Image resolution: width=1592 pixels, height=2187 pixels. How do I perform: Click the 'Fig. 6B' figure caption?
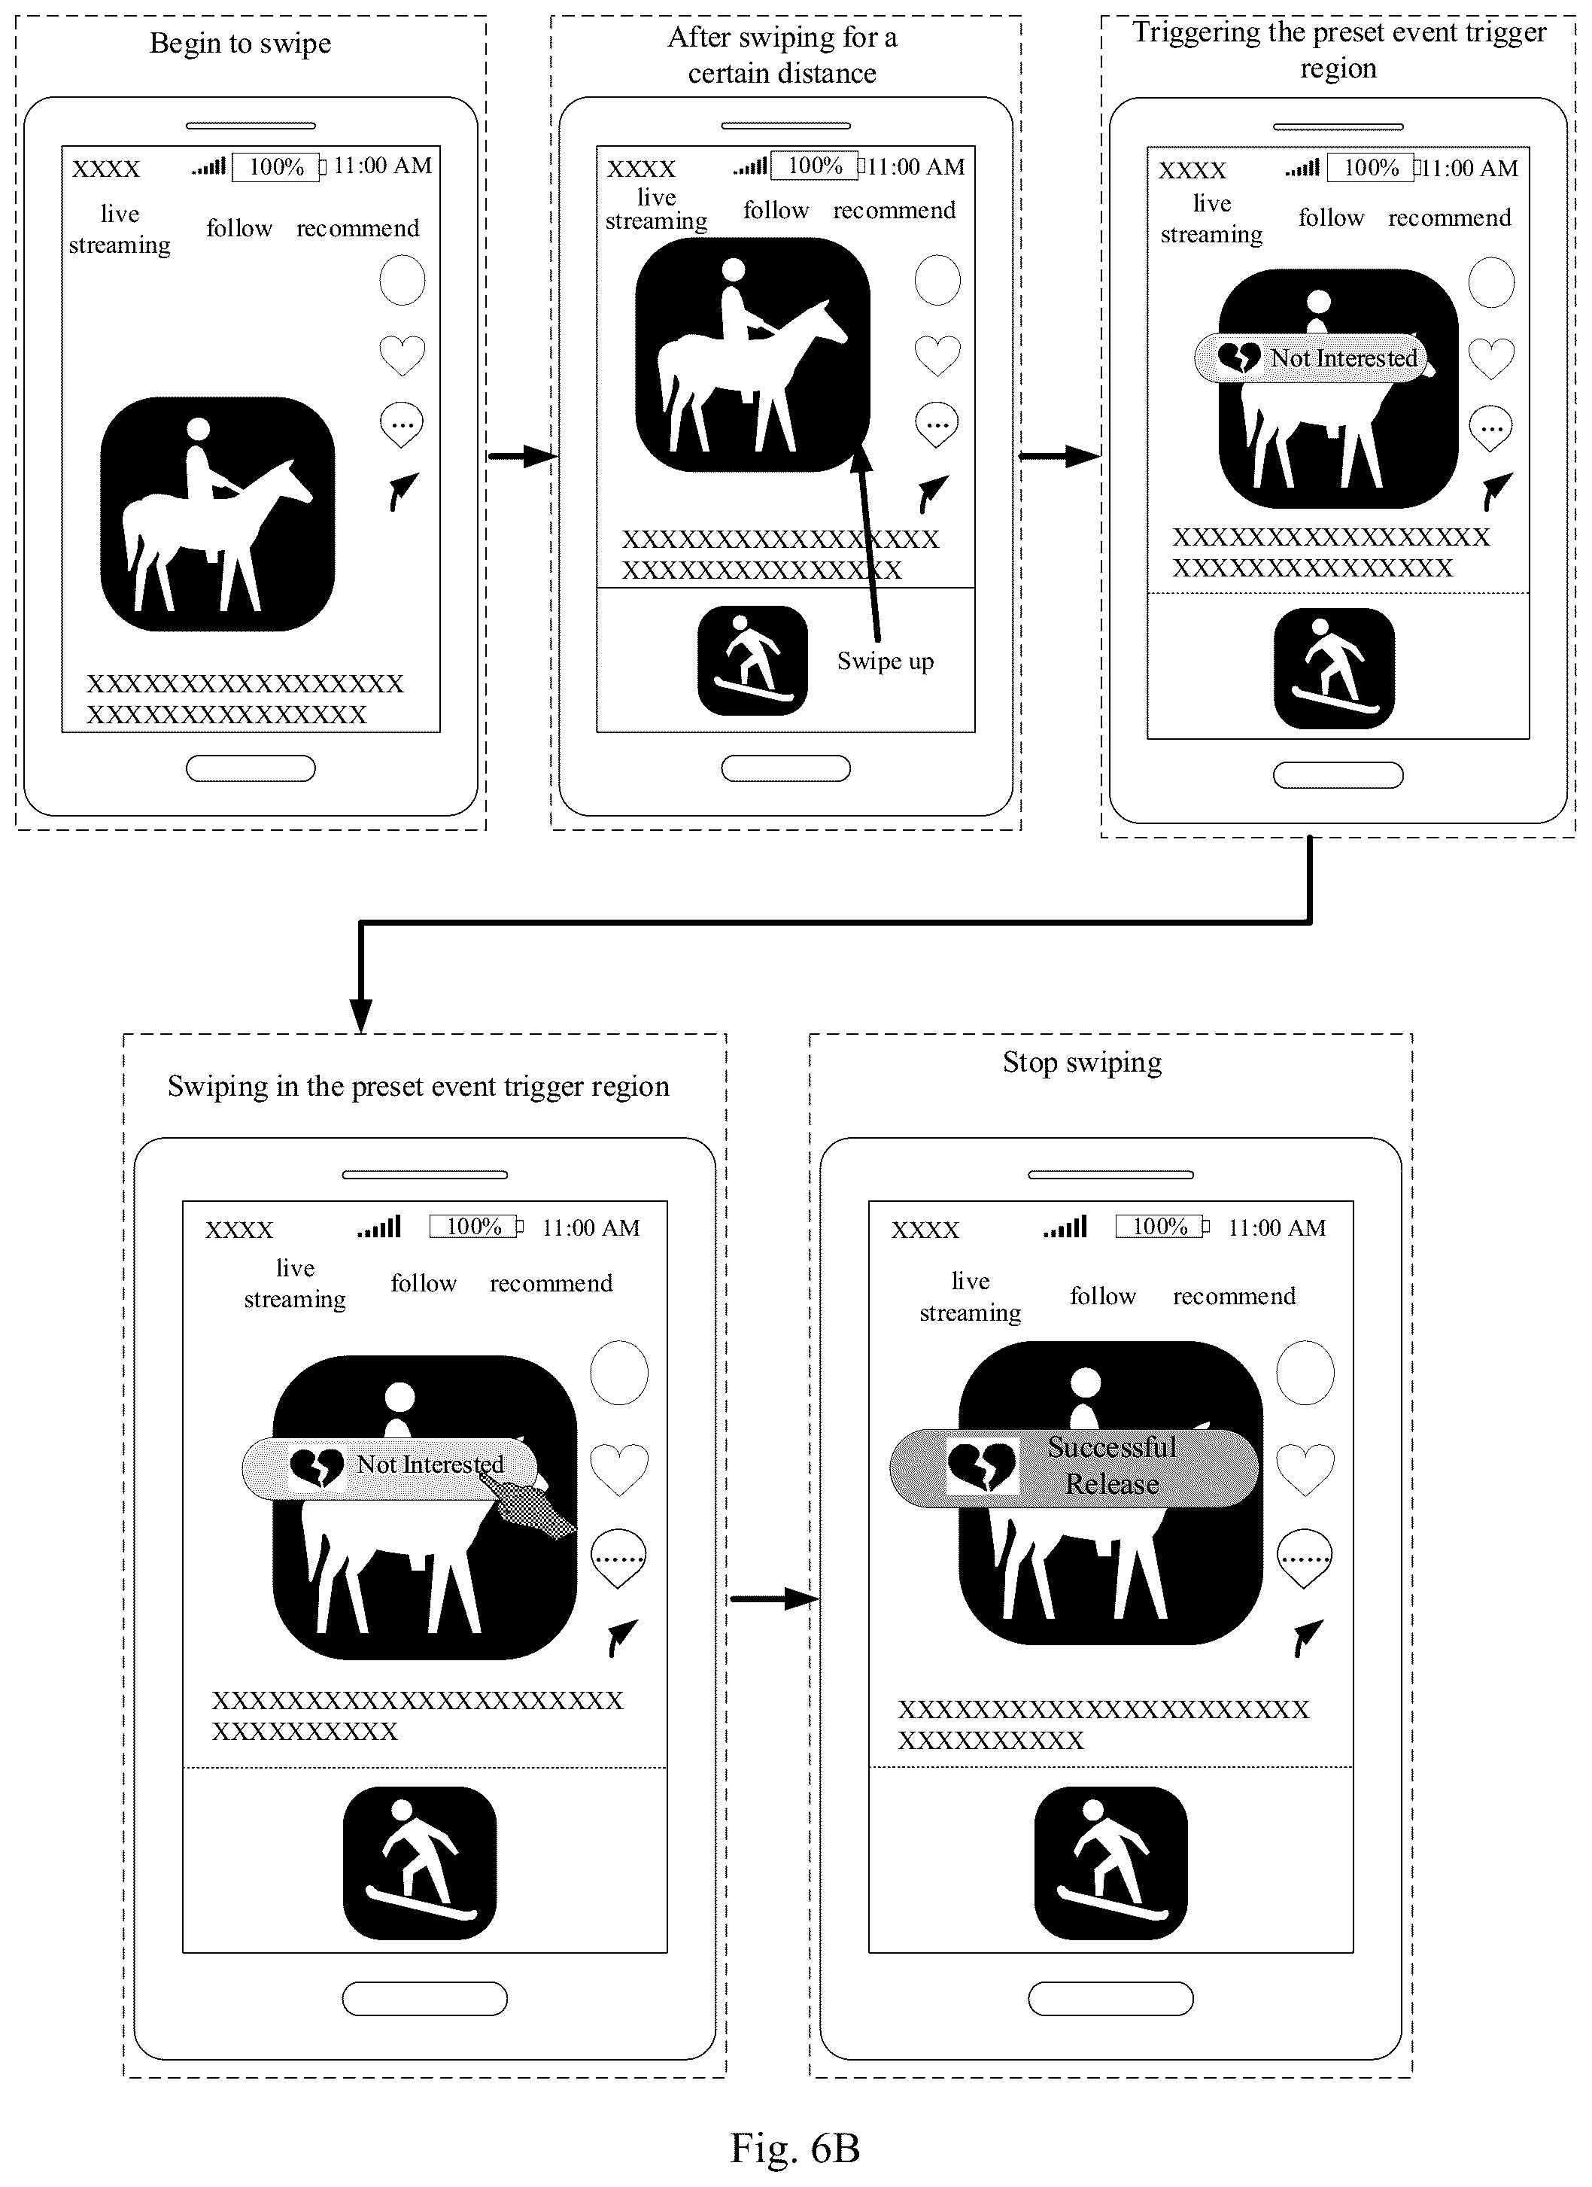click(794, 2147)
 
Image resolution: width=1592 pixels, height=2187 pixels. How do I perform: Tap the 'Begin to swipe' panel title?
click(240, 44)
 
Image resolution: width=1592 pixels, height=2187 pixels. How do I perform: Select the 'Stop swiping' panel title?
click(1082, 1063)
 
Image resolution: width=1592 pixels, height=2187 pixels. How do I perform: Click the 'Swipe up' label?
click(886, 662)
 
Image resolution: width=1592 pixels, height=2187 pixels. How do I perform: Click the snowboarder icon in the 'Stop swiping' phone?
click(1110, 1863)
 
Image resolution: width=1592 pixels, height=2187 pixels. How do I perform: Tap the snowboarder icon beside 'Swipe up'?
click(752, 661)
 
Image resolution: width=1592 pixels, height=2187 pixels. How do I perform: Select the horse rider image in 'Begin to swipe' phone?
click(218, 514)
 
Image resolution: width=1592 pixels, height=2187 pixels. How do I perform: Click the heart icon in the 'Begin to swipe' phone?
click(402, 355)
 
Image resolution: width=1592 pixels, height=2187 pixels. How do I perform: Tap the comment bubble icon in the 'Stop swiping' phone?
click(1304, 1559)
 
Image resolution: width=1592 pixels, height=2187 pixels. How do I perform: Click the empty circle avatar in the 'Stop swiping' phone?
click(1305, 1372)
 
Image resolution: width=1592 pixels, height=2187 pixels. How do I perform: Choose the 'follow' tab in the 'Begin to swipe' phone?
click(239, 229)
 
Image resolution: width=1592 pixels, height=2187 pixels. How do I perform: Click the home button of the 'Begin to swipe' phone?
click(251, 768)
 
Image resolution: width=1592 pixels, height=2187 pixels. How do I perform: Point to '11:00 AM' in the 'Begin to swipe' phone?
click(383, 166)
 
